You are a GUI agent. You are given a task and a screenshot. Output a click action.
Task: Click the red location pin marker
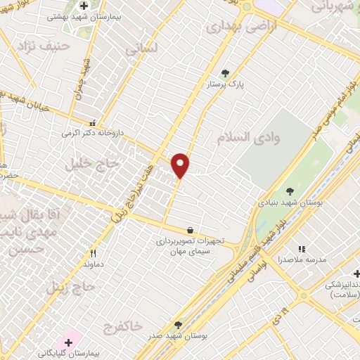pos(181,165)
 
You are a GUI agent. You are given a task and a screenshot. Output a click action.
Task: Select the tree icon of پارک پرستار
pos(225,72)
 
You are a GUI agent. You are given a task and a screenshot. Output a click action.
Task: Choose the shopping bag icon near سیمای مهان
pos(190,230)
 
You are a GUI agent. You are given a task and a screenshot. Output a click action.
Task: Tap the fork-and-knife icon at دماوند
pos(93,254)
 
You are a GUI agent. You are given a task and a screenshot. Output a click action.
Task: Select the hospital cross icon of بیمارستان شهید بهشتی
pos(84,6)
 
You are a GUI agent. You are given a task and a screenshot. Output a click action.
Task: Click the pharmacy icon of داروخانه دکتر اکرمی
pos(94,121)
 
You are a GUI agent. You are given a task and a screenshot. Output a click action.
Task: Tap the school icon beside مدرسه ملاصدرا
pos(302,249)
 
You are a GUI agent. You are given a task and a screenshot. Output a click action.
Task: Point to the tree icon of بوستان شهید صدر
pos(178,325)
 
